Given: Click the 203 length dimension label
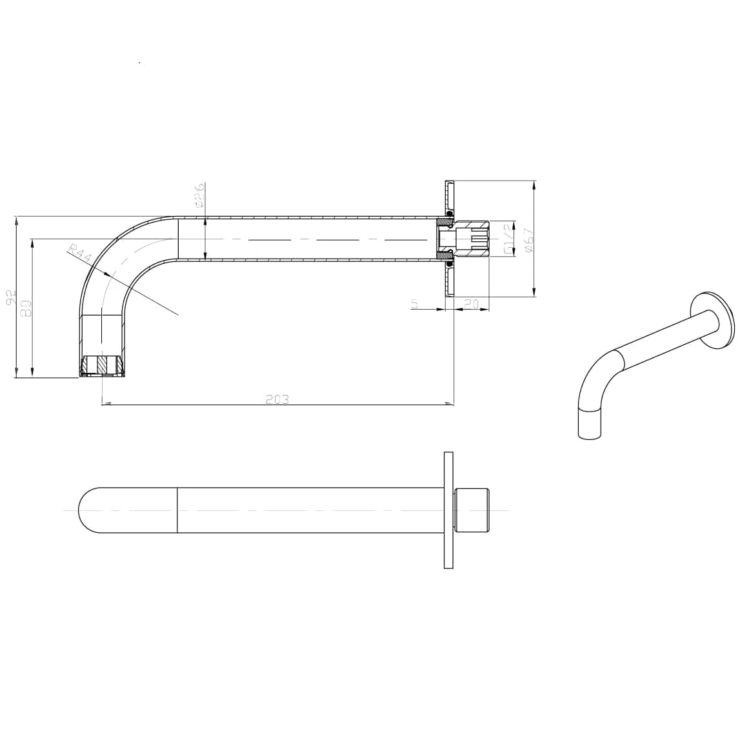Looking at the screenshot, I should (x=277, y=399).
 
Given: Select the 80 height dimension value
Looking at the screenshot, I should (x=26, y=308).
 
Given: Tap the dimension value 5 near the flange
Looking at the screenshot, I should (x=415, y=303).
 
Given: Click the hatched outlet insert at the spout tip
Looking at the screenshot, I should (x=101, y=365).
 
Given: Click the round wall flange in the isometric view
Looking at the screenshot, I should (x=712, y=321).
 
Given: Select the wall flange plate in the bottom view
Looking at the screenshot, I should (x=448, y=510).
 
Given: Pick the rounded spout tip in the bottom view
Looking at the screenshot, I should (x=87, y=510).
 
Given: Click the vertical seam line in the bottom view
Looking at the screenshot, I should (x=177, y=510).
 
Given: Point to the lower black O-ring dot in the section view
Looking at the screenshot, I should (x=448, y=264).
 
